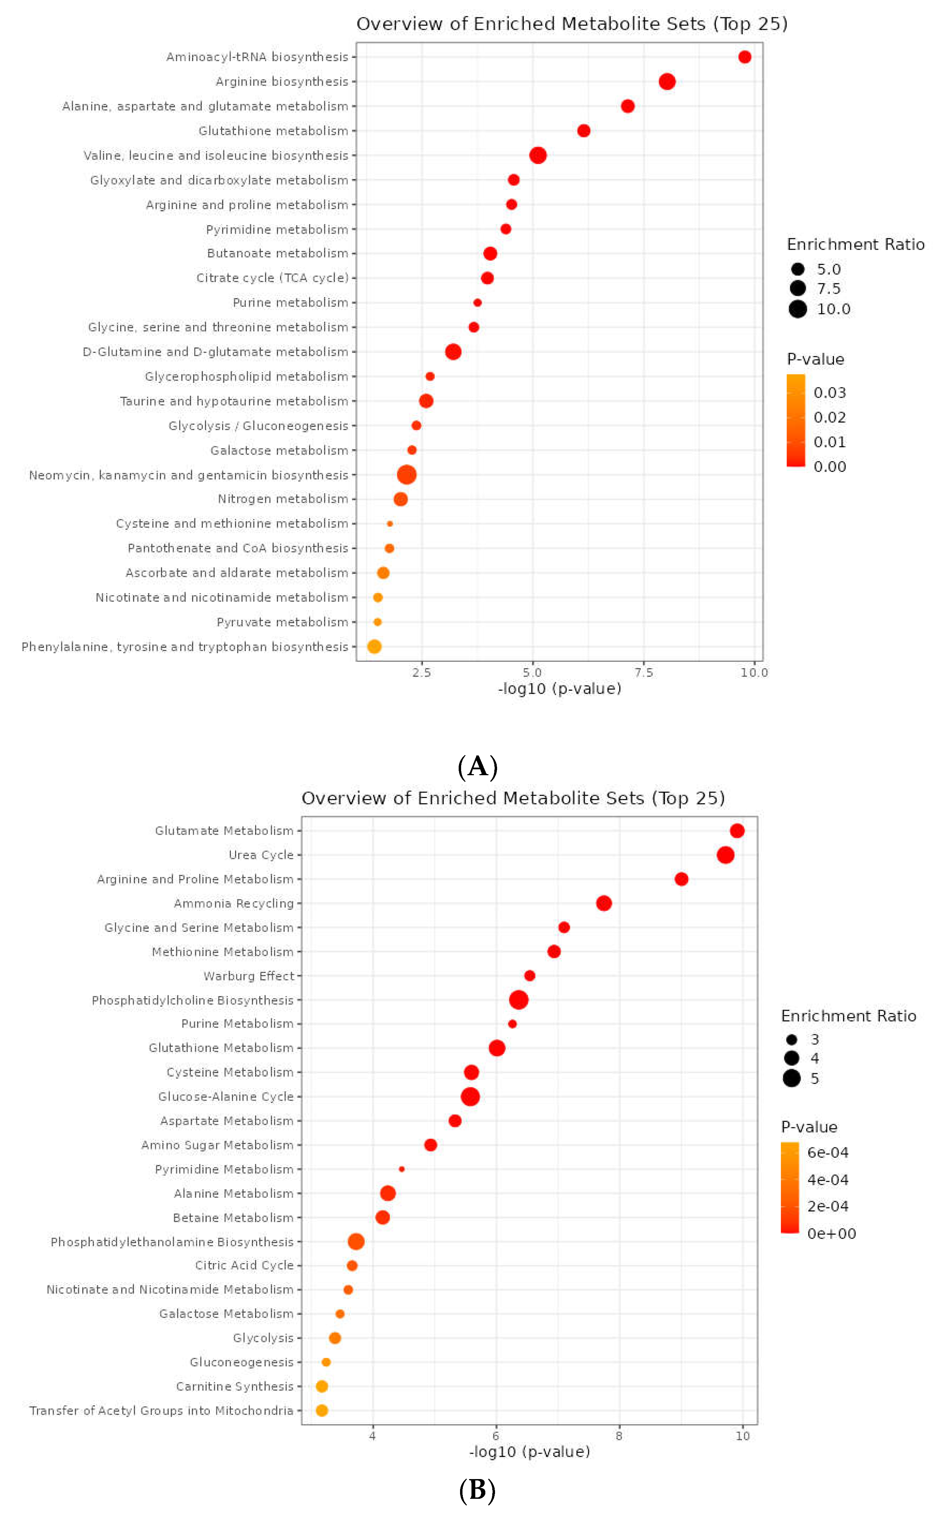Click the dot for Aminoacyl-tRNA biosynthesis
745,57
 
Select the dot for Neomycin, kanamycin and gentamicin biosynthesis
406,475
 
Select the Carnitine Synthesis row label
234,1386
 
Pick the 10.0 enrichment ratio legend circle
798,309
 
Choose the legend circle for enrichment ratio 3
792,1039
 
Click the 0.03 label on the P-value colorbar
829,393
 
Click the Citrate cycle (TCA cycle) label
272,278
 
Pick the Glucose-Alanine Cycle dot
470,1096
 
